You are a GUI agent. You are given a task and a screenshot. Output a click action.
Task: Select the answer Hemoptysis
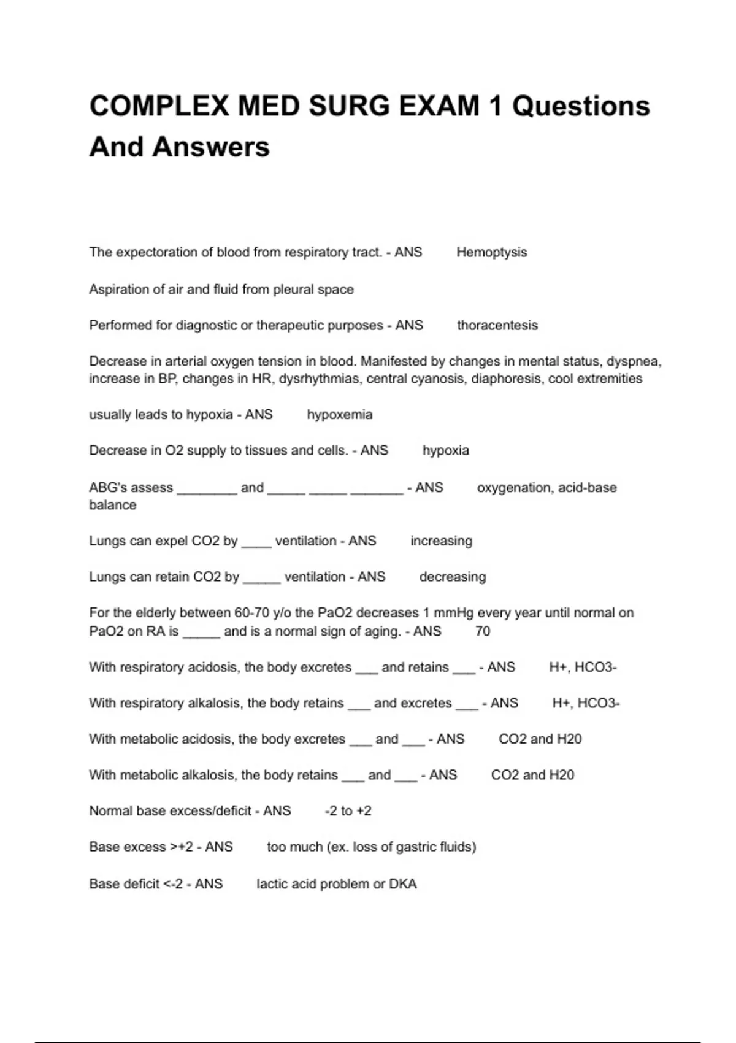491,252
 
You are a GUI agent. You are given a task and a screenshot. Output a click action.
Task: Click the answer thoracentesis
497,325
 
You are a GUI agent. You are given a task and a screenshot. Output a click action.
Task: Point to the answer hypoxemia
339,415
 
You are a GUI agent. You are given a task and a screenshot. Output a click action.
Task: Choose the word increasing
441,541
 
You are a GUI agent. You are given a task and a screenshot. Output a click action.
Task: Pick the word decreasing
452,577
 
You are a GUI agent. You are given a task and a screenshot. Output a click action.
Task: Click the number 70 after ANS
483,631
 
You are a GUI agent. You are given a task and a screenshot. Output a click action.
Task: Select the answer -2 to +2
348,811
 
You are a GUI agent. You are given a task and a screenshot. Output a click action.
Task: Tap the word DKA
403,884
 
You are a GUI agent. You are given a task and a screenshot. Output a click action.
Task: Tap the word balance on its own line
113,505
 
